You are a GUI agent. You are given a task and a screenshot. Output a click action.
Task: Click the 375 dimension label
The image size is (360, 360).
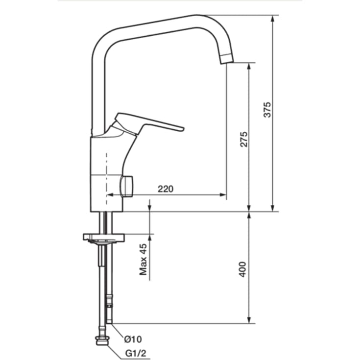tap(267, 110)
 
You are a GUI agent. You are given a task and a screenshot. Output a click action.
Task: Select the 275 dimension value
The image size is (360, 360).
tap(243, 139)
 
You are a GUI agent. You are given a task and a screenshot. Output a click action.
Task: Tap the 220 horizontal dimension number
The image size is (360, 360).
tap(166, 189)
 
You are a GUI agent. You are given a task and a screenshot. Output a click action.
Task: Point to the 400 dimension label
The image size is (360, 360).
tap(242, 269)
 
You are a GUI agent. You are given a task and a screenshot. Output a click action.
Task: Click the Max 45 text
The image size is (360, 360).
tap(143, 259)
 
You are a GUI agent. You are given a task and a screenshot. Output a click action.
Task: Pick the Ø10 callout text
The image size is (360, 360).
tap(133, 339)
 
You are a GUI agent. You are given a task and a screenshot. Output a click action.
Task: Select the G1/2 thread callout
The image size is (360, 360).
tap(136, 353)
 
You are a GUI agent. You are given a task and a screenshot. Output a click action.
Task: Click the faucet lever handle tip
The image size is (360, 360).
tap(183, 129)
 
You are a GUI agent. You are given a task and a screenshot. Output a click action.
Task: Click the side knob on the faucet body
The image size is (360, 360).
tap(126, 186)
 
